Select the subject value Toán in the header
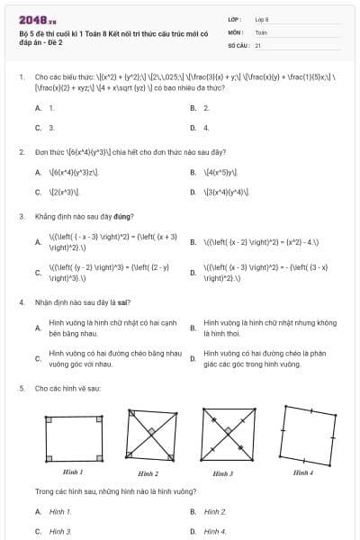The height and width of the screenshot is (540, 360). (261, 31)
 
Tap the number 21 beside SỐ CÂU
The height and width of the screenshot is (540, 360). (258, 44)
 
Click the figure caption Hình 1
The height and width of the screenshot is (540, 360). (73, 472)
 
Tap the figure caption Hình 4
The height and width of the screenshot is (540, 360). (303, 472)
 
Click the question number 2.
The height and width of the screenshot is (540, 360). (21, 151)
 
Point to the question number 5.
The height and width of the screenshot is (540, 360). (21, 388)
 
